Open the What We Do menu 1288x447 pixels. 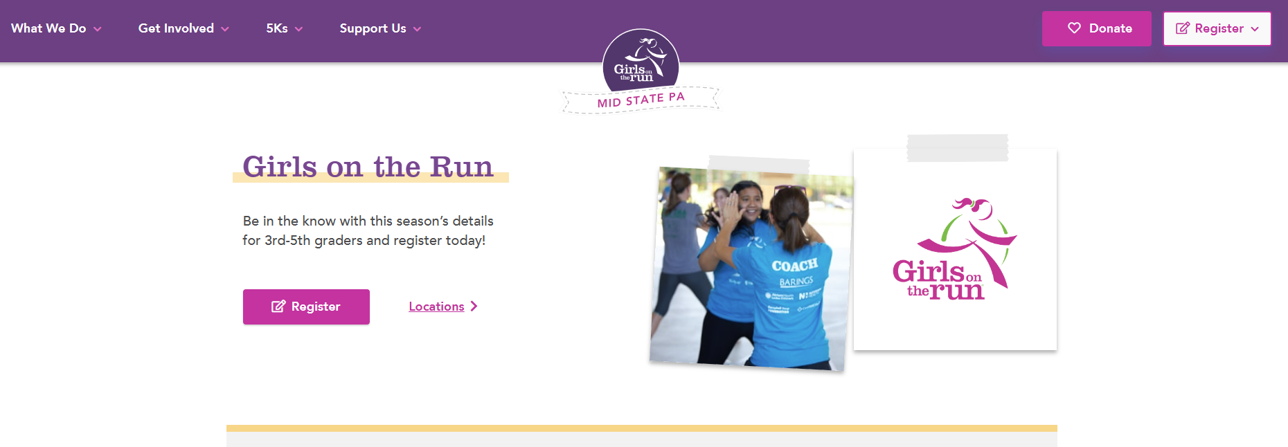(55, 28)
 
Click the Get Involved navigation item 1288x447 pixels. (183, 28)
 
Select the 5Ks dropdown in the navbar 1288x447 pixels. (284, 28)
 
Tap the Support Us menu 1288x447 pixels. (379, 28)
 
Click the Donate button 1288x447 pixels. (1096, 28)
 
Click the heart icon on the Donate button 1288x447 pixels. (1074, 28)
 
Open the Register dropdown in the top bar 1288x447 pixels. (1217, 28)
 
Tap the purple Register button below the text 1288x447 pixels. (306, 307)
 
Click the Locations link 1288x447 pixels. (436, 307)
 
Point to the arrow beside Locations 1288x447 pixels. (474, 306)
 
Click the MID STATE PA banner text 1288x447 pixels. (641, 100)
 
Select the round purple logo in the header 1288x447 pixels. (640, 61)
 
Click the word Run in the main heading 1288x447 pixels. (461, 167)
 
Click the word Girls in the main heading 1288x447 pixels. (280, 167)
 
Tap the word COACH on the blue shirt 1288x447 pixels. (794, 266)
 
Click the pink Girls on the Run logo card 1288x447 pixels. (955, 249)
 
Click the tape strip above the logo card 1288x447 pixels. (957, 147)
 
